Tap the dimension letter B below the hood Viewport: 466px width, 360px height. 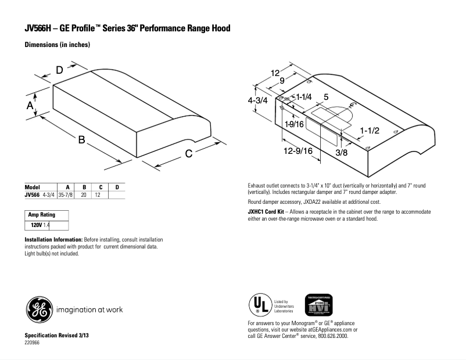(82, 140)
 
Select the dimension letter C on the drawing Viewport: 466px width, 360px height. (189, 153)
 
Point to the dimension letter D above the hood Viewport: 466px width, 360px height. (59, 70)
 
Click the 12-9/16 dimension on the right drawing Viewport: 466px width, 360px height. (299, 151)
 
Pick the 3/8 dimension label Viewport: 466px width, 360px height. (342, 153)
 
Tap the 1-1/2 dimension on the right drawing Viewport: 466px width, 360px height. (369, 131)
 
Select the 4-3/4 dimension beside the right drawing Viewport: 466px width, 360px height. (257, 100)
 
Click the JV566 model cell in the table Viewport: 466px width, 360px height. (32, 195)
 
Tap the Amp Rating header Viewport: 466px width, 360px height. (42, 215)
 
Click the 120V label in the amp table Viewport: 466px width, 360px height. (37, 224)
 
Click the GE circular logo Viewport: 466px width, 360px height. (38, 309)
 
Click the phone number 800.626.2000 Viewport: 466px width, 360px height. (334, 336)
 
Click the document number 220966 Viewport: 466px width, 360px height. (33, 343)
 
